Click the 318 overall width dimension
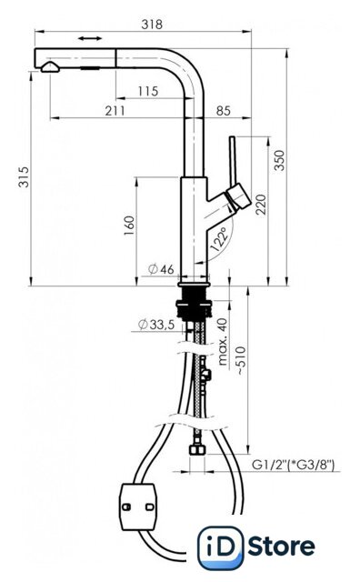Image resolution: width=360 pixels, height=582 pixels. pyautogui.click(x=152, y=25)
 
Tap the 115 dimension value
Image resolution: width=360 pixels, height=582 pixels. pyautogui.click(x=147, y=91)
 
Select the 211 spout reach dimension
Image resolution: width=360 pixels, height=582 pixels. pyautogui.click(x=115, y=111)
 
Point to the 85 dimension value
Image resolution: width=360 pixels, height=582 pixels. pyautogui.click(x=223, y=111)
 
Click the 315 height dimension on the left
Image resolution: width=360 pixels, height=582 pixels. pyautogui.click(x=24, y=177)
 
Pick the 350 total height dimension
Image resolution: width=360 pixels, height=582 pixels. pyautogui.click(x=279, y=160)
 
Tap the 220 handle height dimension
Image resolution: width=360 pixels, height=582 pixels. pyautogui.click(x=261, y=205)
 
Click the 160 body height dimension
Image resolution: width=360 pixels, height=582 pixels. pyautogui.click(x=129, y=226)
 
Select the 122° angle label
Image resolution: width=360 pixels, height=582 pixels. pyautogui.click(x=218, y=239)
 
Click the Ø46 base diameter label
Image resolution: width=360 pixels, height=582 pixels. pyautogui.click(x=161, y=269)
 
